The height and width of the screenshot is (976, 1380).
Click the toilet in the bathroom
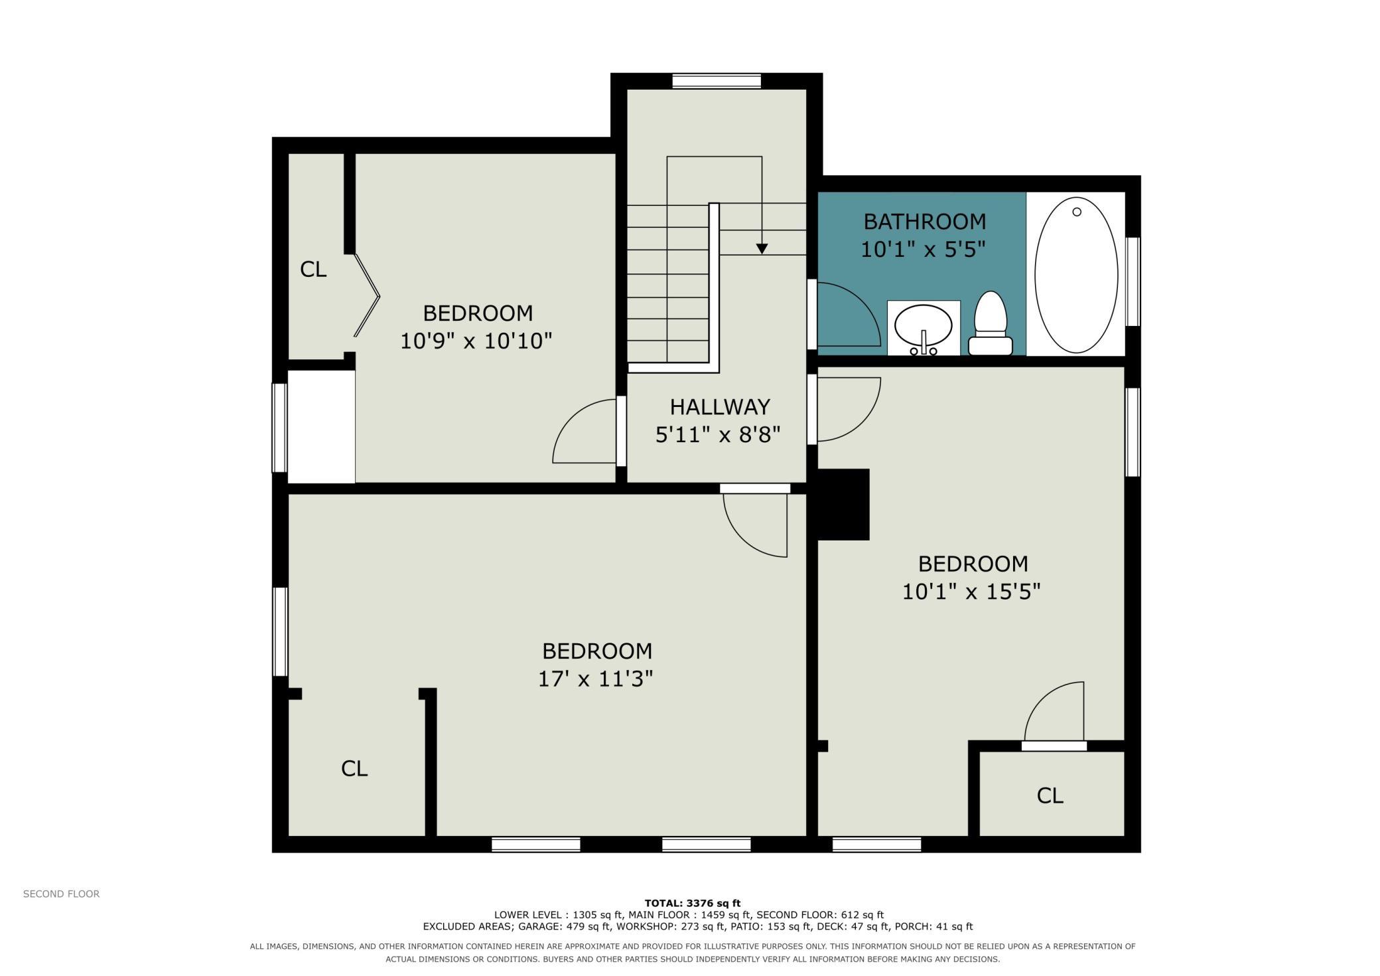click(991, 323)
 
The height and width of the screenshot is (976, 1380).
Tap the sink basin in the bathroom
click(923, 326)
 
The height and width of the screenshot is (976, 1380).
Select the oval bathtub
click(1076, 275)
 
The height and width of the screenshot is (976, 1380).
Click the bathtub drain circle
click(1077, 212)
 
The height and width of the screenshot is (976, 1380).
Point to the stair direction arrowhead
click(762, 248)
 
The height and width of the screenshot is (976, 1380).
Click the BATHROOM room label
click(924, 221)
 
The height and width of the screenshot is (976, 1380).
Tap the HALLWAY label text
click(720, 406)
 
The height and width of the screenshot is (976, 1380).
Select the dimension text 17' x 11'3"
click(595, 679)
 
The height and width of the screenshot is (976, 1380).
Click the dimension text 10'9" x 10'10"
click(476, 341)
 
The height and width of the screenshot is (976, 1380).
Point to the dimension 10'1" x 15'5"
click(971, 591)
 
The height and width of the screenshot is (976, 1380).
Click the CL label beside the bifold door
click(313, 269)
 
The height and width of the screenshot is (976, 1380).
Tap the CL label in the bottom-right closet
click(1050, 795)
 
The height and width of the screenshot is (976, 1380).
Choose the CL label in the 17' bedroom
click(354, 768)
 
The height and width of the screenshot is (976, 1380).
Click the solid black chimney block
click(843, 505)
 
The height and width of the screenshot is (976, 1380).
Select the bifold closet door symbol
click(366, 295)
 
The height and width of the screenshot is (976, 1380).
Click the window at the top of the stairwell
click(717, 81)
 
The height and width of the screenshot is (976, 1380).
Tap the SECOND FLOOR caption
click(61, 894)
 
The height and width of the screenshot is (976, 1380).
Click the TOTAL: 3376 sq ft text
click(692, 903)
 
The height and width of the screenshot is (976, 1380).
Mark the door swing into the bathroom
click(849, 315)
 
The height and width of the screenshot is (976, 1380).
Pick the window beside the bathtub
click(1133, 282)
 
